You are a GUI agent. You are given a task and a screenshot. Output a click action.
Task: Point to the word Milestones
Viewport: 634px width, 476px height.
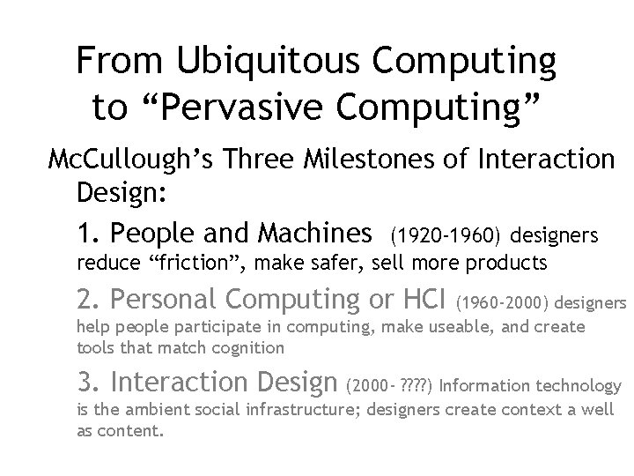pos(395,161)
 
